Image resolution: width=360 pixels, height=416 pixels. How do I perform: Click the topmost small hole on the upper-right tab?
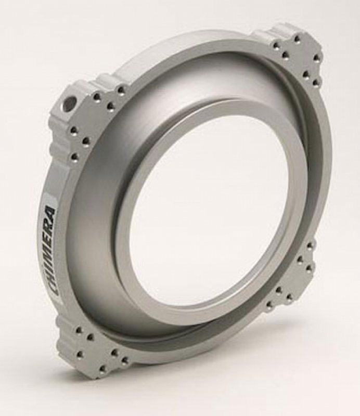[297, 38]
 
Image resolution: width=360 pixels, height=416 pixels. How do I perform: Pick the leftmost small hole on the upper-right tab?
[274, 45]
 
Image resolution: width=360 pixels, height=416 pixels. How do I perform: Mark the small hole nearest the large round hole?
[97, 97]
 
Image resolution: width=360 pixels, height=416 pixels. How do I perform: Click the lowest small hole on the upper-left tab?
[74, 155]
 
